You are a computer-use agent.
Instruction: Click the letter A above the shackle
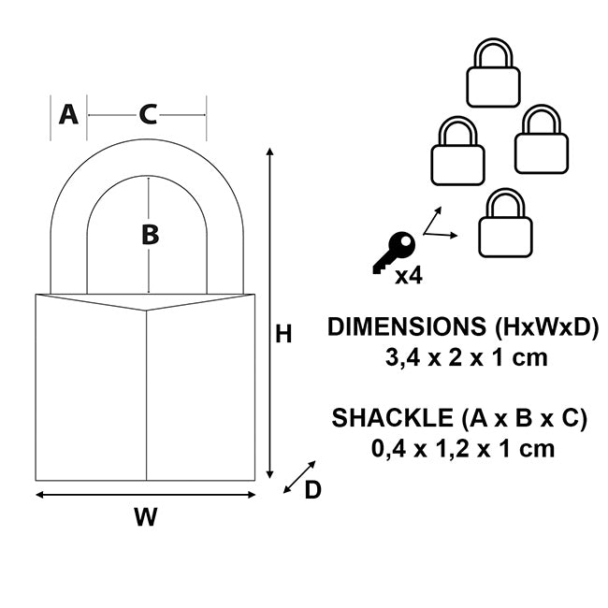pyautogui.click(x=67, y=114)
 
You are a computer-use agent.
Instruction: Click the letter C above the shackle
pyautogui.click(x=148, y=114)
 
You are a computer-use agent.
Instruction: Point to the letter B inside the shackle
pyautogui.click(x=150, y=235)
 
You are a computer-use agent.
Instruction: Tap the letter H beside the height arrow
pyautogui.click(x=283, y=334)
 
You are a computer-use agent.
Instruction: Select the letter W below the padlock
pyautogui.click(x=145, y=516)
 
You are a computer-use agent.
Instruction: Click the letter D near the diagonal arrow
pyautogui.click(x=312, y=489)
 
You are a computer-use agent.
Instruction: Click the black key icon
pyautogui.click(x=393, y=253)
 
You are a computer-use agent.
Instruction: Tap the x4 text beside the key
pyautogui.click(x=407, y=275)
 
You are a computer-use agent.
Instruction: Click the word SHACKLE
pyautogui.click(x=384, y=418)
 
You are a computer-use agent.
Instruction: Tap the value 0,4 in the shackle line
pyautogui.click(x=389, y=448)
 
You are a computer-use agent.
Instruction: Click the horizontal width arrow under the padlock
pyautogui.click(x=145, y=495)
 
